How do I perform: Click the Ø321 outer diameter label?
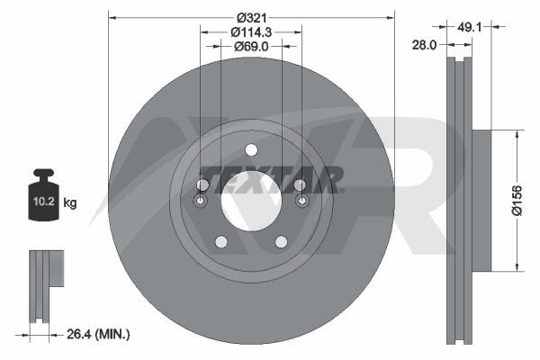[252, 18]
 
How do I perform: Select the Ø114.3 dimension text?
[251, 32]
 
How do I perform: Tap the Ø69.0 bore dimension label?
[251, 46]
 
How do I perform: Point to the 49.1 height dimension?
[469, 26]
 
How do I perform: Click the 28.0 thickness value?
[424, 45]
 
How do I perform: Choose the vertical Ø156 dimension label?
[517, 200]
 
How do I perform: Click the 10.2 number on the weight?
[44, 202]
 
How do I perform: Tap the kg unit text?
[70, 202]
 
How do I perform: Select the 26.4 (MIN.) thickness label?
[98, 334]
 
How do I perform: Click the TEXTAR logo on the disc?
[272, 179]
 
